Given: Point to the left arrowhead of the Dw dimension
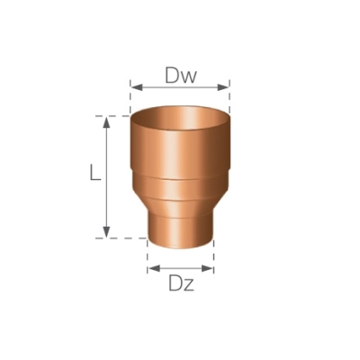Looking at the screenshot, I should pyautogui.click(x=135, y=87).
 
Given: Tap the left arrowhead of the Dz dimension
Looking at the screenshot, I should pyautogui.click(x=152, y=267).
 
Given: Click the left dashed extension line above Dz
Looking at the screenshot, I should pyautogui.click(x=148, y=256).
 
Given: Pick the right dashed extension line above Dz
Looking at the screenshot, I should pyautogui.click(x=214, y=256).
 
